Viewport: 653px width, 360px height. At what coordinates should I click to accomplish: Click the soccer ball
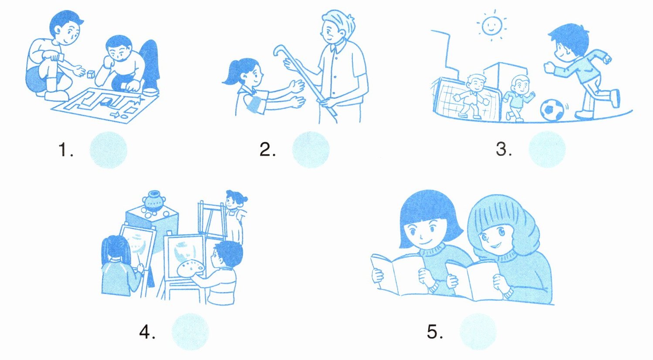click(x=552, y=110)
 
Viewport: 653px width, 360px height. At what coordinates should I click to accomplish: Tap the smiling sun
click(x=492, y=25)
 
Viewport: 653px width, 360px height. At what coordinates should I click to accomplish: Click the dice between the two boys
click(x=91, y=74)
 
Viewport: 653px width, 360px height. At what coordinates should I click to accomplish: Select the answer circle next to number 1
click(x=108, y=150)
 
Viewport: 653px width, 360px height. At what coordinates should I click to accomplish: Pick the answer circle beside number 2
click(x=311, y=150)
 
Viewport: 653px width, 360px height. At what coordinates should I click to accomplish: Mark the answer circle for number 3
click(x=547, y=149)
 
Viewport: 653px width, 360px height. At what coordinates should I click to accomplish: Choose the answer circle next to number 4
click(x=190, y=331)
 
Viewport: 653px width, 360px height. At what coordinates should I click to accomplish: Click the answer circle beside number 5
click(x=478, y=331)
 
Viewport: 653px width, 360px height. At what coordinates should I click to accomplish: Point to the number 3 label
click(x=504, y=149)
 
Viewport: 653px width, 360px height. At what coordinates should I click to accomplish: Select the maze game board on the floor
click(x=105, y=105)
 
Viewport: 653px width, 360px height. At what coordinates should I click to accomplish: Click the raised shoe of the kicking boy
click(x=615, y=98)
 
